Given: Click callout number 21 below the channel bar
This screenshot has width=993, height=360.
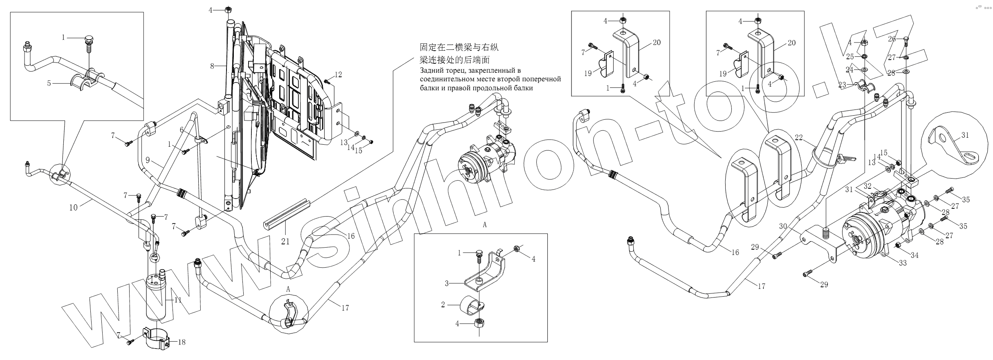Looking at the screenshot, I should tap(285, 241).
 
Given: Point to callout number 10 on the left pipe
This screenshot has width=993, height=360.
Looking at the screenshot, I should tap(73, 207).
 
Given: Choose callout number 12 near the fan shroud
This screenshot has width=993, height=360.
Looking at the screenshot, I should tap(338, 75).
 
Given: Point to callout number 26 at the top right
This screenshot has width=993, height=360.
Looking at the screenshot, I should tap(891, 39).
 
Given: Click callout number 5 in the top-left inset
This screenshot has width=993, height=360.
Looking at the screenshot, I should tap(49, 83).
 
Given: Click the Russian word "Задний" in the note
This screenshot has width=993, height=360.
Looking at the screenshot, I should tap(430, 71).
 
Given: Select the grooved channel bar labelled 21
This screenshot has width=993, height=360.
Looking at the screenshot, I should tap(286, 215).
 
